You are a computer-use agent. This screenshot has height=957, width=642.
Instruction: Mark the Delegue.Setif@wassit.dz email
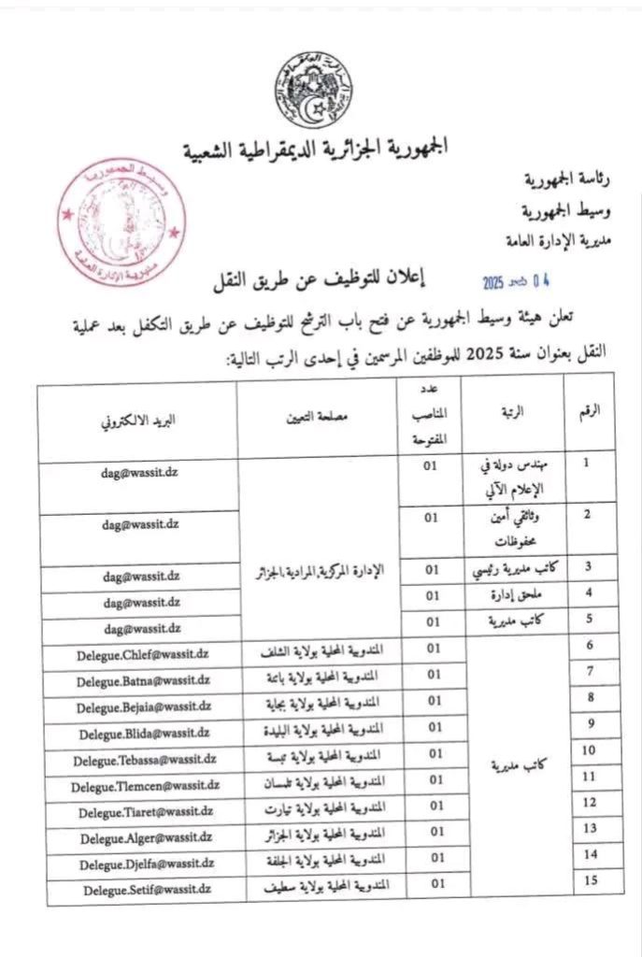[x=137, y=890]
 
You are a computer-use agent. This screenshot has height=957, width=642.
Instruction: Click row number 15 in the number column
[x=589, y=879]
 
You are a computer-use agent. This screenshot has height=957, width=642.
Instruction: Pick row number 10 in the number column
[x=589, y=750]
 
